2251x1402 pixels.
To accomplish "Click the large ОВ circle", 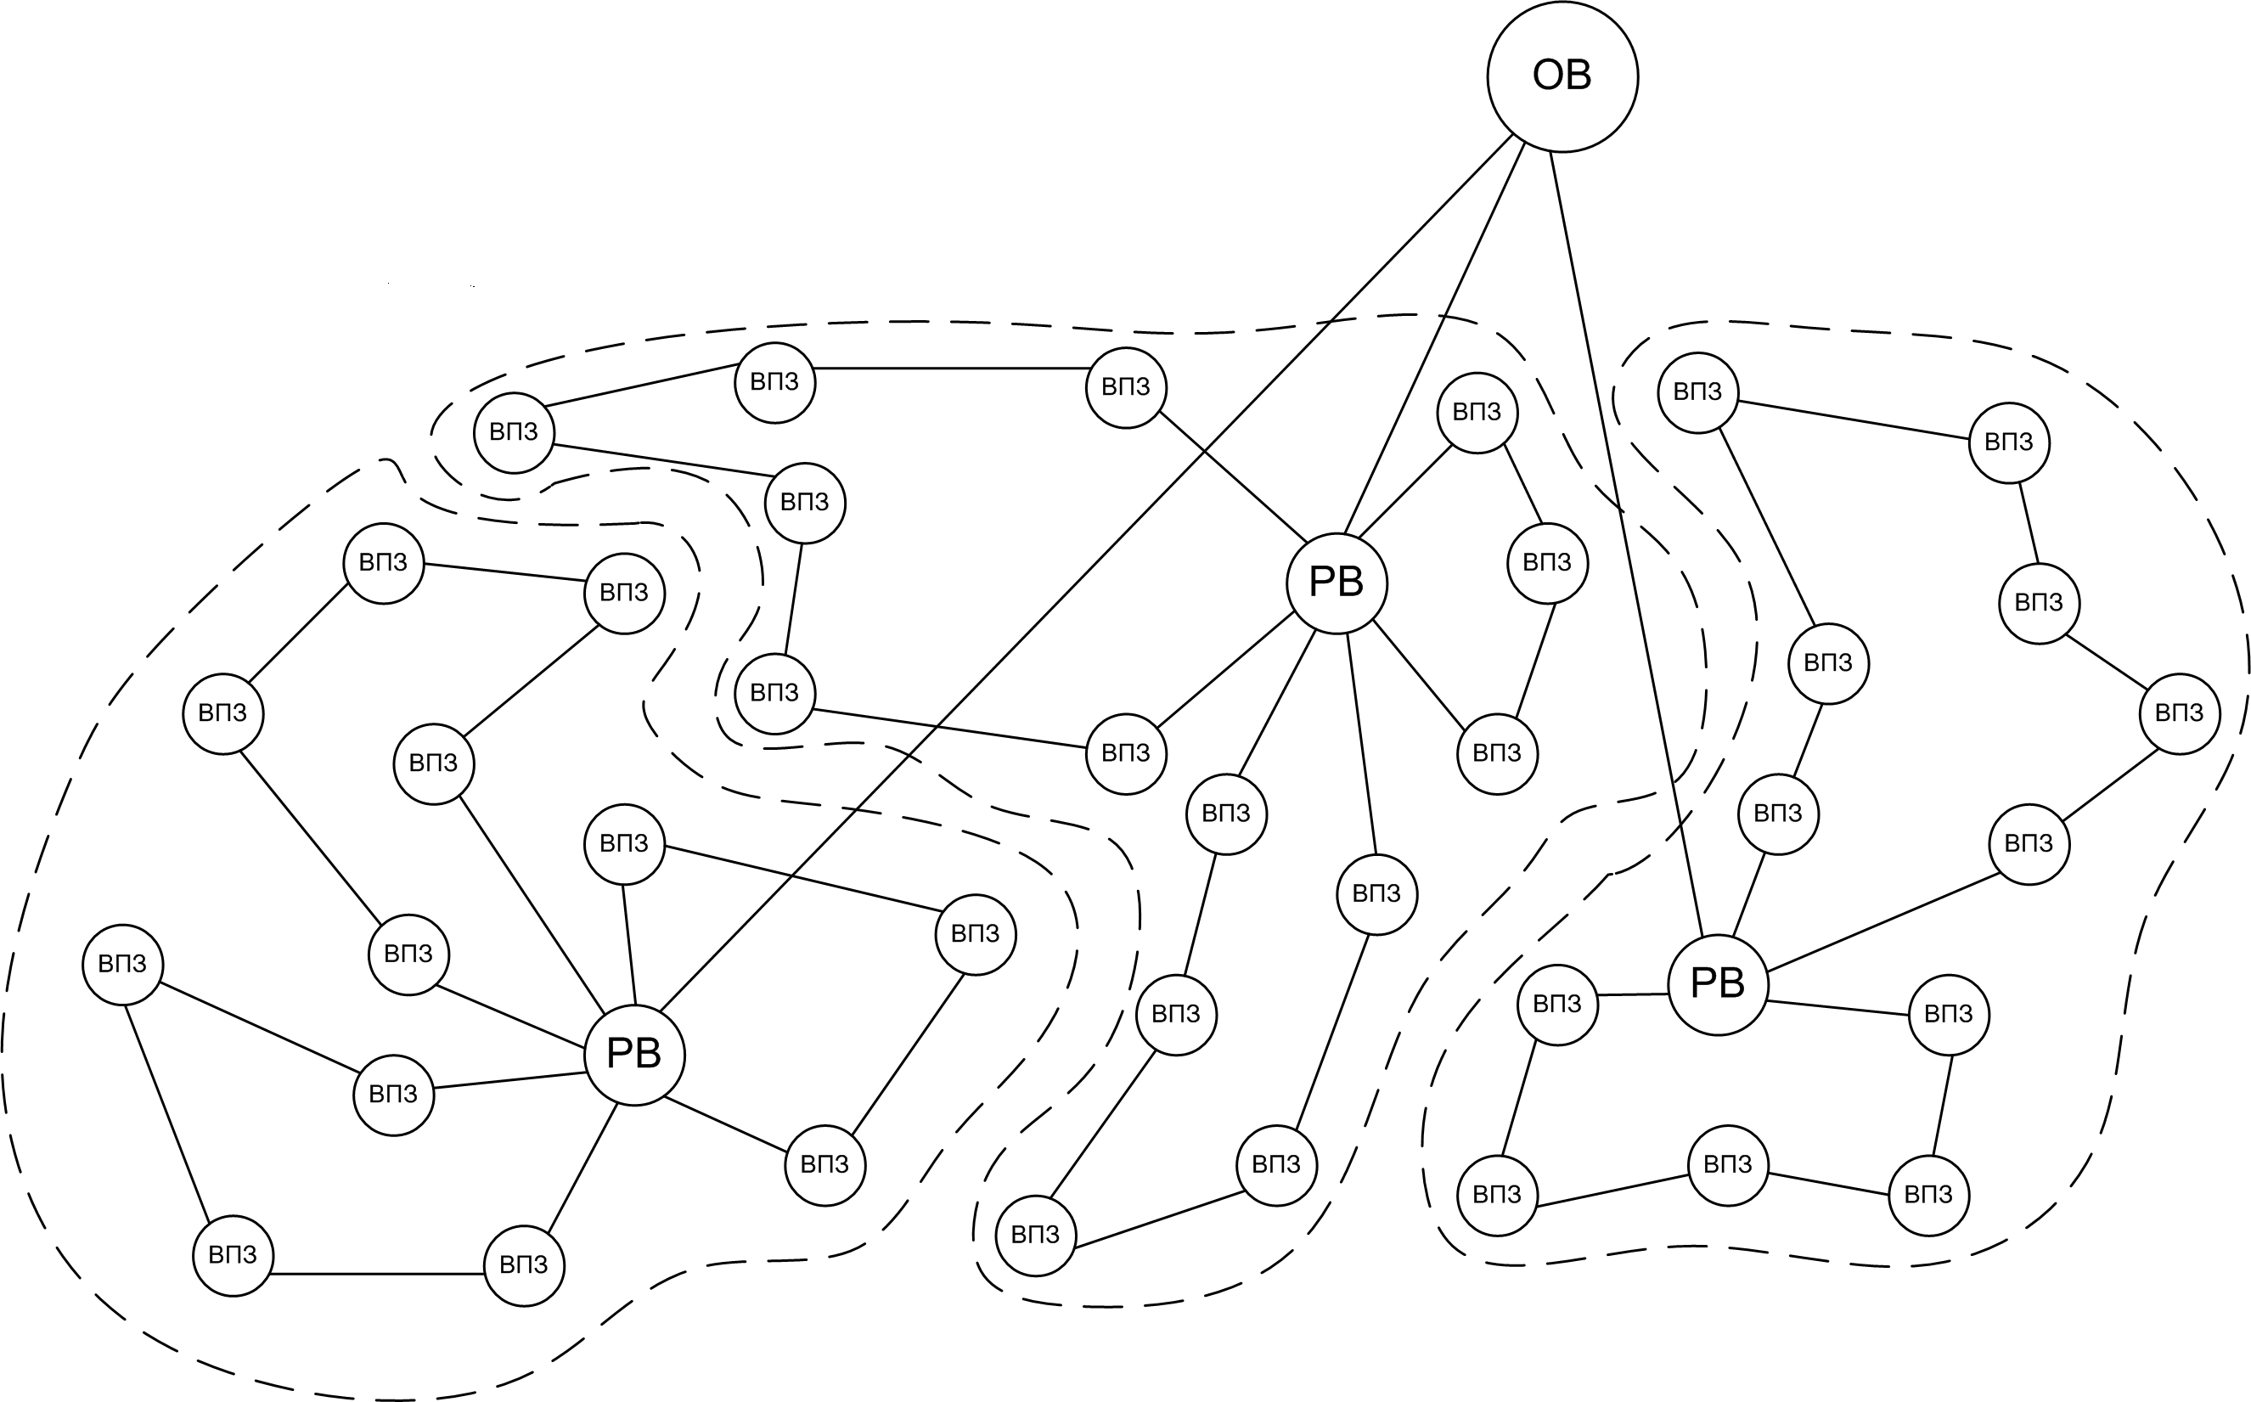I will (1562, 76).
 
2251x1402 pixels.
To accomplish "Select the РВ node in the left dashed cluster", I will (634, 1055).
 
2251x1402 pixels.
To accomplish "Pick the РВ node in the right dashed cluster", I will (1718, 984).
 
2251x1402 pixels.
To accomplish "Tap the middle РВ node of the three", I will (1336, 583).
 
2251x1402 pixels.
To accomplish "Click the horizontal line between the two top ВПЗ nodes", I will (950, 368).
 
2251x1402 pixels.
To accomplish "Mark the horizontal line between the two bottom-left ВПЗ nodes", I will (377, 1274).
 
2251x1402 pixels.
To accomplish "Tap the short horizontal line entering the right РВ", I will (1633, 995).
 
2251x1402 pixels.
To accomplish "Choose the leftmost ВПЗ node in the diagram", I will (122, 965).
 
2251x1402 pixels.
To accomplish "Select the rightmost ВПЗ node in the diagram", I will (2180, 713).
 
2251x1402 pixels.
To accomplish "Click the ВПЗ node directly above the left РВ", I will (624, 844).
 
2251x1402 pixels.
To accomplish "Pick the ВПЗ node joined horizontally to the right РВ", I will (1557, 1005).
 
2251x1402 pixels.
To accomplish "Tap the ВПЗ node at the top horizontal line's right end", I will (1126, 387).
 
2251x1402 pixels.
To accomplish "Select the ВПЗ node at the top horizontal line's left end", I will (774, 382).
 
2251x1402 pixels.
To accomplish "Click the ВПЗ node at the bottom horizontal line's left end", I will (233, 1255).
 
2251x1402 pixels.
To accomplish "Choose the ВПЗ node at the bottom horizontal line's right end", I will (524, 1264).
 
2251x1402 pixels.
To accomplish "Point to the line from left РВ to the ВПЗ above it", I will (628, 946).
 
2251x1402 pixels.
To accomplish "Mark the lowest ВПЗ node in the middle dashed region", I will (1034, 1235).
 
